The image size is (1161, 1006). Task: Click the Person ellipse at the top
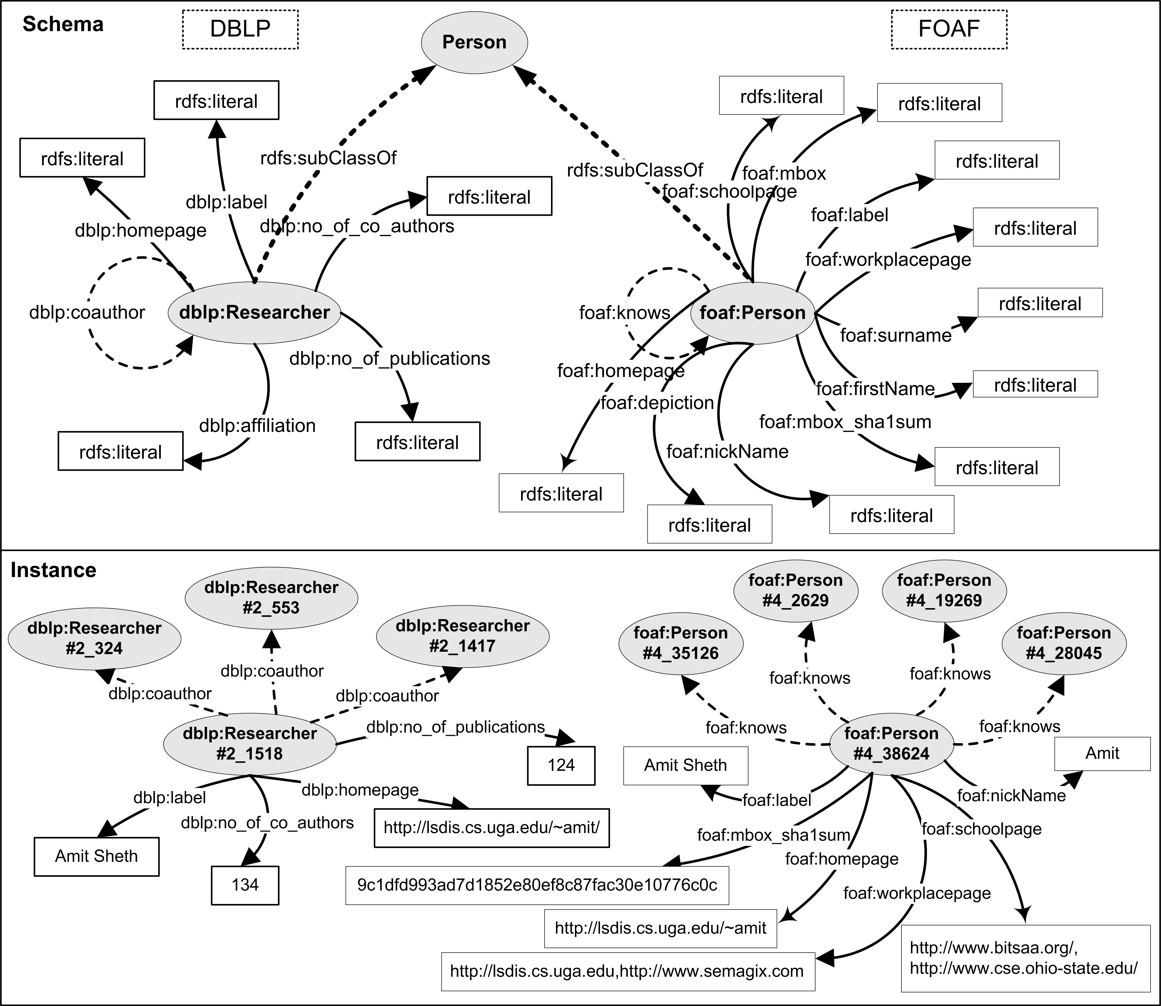tap(474, 42)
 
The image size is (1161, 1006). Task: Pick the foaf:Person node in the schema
tap(752, 313)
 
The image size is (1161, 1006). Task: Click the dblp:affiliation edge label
tap(257, 425)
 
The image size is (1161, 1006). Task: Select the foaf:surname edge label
tap(895, 335)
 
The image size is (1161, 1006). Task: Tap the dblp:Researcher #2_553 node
tap(271, 597)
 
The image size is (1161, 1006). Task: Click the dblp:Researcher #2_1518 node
tap(250, 743)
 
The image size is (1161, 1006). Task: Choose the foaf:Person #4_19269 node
tap(944, 590)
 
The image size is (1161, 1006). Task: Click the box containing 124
tap(561, 765)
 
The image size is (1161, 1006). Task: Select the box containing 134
tap(245, 885)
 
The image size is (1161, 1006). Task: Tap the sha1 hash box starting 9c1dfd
tap(537, 885)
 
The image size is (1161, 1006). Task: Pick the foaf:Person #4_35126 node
tap(681, 643)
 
